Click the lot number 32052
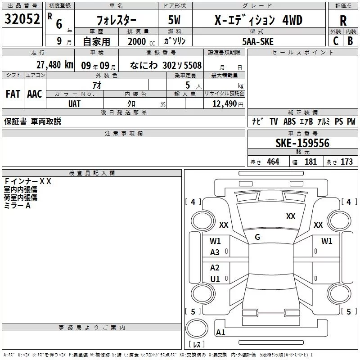click(x=22, y=19)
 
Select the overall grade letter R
click(x=343, y=21)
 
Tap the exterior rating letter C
click(x=336, y=41)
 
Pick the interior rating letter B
click(x=350, y=41)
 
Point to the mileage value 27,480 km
click(x=54, y=65)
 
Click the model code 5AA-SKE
click(x=258, y=41)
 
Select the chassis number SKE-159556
click(x=302, y=143)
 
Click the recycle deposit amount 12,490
click(x=224, y=104)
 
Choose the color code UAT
click(x=74, y=104)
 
